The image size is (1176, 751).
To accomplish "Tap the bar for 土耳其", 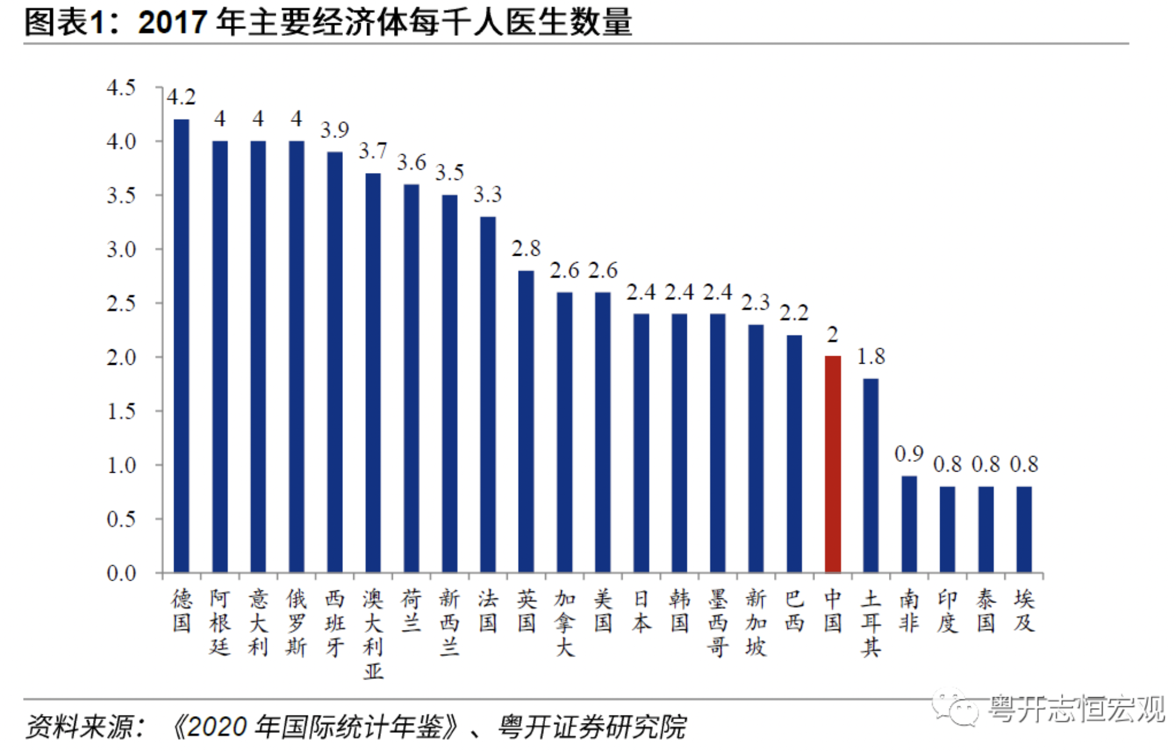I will pos(871,475).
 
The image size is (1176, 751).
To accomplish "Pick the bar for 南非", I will pos(909,524).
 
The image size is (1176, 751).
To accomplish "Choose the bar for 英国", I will pos(526,421).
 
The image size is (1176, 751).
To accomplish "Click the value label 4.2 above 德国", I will pos(181,97).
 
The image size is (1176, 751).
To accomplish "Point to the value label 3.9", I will pos(334,130).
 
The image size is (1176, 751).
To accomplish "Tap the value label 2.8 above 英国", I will pos(526,249).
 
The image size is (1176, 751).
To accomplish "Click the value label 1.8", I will pos(871,357).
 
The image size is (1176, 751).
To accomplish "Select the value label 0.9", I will pos(909,454).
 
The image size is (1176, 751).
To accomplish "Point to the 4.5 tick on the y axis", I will pos(121,88).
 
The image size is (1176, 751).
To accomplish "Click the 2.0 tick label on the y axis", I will pos(121,357).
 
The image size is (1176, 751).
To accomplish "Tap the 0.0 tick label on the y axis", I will pos(121,573).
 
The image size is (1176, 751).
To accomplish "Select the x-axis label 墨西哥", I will pos(718,623).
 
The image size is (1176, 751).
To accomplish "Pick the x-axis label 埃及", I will pos(1024,611).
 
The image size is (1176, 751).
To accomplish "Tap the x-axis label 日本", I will pos(641,611).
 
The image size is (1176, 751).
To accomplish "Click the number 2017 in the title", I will pos(173,23).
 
